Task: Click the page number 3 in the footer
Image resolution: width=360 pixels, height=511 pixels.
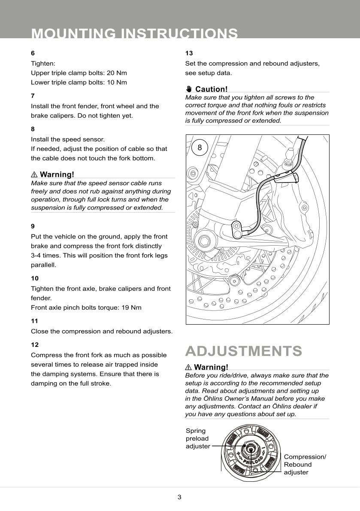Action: (x=179, y=497)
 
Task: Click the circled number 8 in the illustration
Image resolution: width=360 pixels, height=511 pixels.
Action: (x=200, y=147)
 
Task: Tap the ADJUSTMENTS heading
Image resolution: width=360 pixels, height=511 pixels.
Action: (x=243, y=351)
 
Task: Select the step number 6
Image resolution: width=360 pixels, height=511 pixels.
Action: (x=33, y=53)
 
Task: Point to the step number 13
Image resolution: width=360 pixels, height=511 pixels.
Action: (x=189, y=53)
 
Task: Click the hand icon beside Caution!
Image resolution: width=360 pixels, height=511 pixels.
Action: (x=189, y=89)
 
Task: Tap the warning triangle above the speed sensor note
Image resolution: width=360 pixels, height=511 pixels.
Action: (x=34, y=175)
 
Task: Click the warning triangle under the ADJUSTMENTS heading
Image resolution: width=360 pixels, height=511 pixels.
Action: (x=189, y=368)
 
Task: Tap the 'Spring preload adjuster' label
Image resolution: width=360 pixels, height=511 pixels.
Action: (x=197, y=438)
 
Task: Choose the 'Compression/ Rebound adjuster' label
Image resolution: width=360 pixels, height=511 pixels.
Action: (x=305, y=465)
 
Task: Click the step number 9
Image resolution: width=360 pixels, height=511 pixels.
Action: (x=33, y=226)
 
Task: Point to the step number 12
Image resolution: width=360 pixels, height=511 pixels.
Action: (x=35, y=345)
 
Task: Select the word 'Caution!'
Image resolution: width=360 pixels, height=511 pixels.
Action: (x=211, y=89)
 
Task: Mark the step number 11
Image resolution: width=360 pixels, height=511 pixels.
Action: (x=34, y=321)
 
